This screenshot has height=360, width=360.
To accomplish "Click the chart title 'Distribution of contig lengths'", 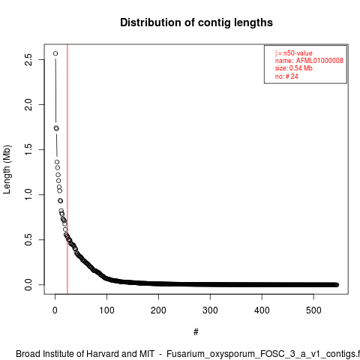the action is point(196,22).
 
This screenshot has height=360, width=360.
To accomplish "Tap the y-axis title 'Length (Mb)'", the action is point(7,169).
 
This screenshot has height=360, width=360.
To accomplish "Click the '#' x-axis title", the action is point(196,332).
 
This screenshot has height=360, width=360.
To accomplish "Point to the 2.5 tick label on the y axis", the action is point(28,59).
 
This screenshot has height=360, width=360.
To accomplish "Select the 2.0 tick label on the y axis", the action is point(28,104).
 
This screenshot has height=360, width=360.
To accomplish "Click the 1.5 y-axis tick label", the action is point(28,149).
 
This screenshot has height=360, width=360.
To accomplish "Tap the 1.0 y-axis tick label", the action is point(28,194).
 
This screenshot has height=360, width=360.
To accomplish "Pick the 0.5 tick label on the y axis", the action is point(28,239).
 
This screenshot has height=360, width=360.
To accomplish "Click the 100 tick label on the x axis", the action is point(106,310).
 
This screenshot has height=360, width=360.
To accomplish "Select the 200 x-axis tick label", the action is point(158,310).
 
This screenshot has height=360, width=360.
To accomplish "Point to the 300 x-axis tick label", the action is point(210,310).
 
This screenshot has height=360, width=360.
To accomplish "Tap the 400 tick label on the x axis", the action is point(262,310).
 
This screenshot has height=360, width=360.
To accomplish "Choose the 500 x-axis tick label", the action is point(313,310).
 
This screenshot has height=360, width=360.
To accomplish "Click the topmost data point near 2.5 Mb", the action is point(55,53).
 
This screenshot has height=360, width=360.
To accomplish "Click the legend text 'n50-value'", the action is point(298,53).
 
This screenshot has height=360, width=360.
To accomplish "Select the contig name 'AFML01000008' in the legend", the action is point(319,61).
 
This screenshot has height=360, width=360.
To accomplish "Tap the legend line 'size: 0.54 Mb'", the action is point(294,68).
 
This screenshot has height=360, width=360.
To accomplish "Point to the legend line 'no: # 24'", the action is point(286,76).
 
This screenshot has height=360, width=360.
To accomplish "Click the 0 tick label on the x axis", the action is point(55,310).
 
